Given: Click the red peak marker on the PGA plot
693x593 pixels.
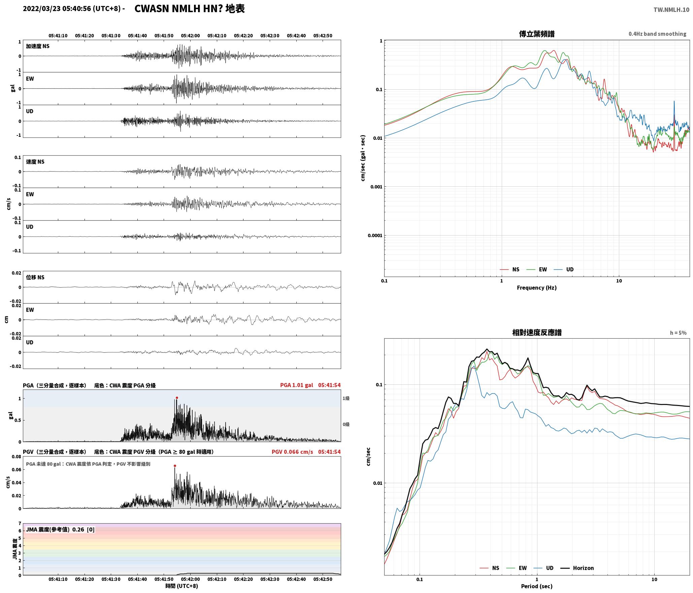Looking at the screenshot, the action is click(x=177, y=398).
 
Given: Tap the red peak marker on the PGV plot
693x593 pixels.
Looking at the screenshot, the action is click(x=175, y=466).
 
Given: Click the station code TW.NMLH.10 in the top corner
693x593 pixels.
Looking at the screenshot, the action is click(x=671, y=10).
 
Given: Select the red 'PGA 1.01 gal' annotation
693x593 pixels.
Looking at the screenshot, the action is click(x=296, y=385).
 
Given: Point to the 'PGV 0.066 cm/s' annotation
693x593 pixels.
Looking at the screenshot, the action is click(x=292, y=452).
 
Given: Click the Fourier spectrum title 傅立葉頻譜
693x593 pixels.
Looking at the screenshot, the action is click(x=537, y=34).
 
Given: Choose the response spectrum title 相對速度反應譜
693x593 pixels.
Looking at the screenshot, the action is click(x=537, y=333).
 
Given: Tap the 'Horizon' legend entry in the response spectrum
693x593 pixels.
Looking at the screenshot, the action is click(x=583, y=568).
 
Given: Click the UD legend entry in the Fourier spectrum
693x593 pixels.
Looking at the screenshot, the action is click(x=570, y=269).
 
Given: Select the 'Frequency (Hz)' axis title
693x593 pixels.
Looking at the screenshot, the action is click(x=537, y=287).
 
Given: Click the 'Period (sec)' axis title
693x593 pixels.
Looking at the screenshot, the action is click(x=537, y=586).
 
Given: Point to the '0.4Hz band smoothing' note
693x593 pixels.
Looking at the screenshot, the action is click(x=657, y=34).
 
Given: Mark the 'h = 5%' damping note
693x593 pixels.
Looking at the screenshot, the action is click(x=678, y=333).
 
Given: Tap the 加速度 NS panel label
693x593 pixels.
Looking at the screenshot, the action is click(x=38, y=46).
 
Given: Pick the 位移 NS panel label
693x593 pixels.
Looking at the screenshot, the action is click(x=35, y=277).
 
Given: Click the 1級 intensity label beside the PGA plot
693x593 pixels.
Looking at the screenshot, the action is click(x=346, y=398).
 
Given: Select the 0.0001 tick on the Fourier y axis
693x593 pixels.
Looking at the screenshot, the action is click(x=375, y=235).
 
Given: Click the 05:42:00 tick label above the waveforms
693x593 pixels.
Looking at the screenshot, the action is click(x=190, y=36).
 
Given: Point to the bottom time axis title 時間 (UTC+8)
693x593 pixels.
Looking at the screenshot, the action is click(x=182, y=586).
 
